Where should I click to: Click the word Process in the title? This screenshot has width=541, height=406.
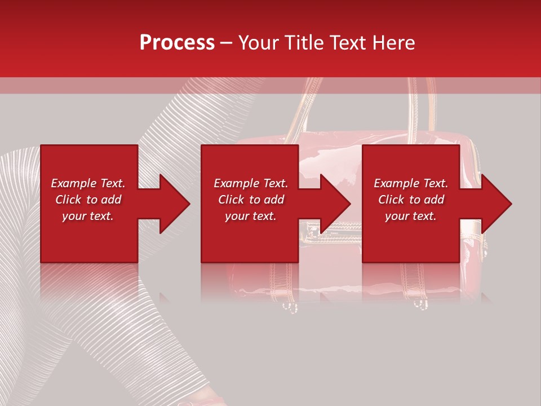(x=177, y=43)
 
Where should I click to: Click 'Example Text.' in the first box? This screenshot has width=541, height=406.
(x=88, y=183)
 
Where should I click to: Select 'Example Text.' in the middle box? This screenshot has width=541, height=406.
(x=251, y=183)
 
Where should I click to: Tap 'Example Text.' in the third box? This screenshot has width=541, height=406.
(x=411, y=183)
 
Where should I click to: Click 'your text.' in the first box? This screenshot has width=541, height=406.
(x=88, y=216)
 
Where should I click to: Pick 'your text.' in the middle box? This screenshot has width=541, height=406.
(x=251, y=216)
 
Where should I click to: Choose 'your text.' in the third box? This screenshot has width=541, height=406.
(x=411, y=216)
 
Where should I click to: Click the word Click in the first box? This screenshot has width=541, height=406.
(x=68, y=200)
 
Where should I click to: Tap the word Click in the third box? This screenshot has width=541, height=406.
(x=391, y=200)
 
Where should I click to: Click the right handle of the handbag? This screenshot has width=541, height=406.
(x=431, y=107)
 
